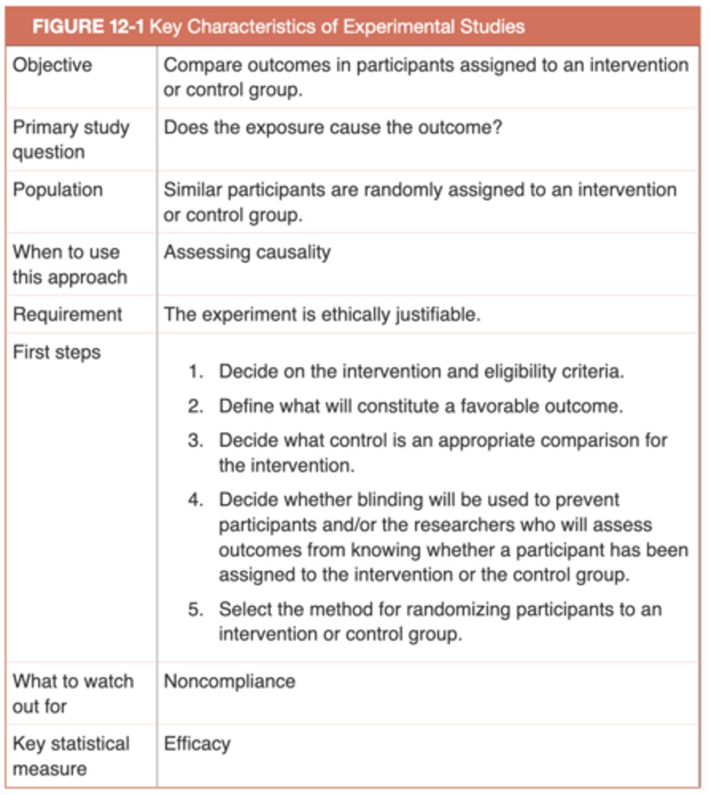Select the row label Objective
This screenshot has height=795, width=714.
click(x=52, y=65)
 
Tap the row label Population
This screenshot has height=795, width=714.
click(x=58, y=189)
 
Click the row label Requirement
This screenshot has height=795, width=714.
click(x=68, y=314)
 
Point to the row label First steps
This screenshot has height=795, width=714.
click(x=56, y=352)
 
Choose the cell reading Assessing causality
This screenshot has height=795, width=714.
click(x=247, y=252)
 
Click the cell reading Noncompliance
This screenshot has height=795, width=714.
click(x=229, y=681)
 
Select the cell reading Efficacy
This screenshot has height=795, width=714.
click(x=197, y=743)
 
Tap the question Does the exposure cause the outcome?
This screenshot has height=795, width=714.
click(x=333, y=127)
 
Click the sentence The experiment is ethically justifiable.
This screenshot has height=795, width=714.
click(x=322, y=314)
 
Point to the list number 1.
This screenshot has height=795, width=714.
click(x=195, y=372)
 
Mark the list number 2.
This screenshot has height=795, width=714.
click(x=195, y=406)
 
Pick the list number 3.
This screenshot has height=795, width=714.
click(x=195, y=441)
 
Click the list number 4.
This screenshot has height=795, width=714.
click(x=195, y=500)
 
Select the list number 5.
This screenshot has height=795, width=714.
click(x=195, y=609)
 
